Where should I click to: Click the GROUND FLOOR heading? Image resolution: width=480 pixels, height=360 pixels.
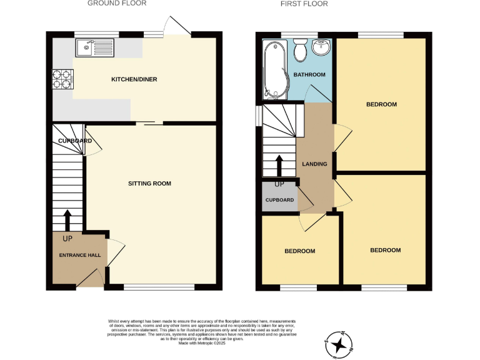click(117, 4)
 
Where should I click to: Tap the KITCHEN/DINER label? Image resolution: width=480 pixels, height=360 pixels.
click(134, 79)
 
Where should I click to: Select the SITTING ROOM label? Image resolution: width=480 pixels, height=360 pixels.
click(149, 184)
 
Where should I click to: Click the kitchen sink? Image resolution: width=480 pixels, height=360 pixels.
click(94, 47)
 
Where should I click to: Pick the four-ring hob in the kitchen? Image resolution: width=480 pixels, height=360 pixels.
click(63, 80)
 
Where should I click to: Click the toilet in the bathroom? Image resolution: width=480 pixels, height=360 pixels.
click(300, 49)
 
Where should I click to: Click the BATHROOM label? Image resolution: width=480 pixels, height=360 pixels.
click(309, 75)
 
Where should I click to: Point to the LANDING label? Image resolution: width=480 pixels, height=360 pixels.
click(314, 164)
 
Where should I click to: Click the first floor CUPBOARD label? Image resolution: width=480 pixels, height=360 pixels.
click(279, 200)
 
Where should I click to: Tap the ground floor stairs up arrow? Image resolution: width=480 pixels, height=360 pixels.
click(67, 220)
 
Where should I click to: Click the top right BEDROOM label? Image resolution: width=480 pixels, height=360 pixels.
click(381, 104)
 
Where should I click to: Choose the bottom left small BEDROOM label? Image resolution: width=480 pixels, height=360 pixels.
click(299, 251)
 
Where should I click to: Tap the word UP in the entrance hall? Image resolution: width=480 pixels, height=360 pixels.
click(67, 239)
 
